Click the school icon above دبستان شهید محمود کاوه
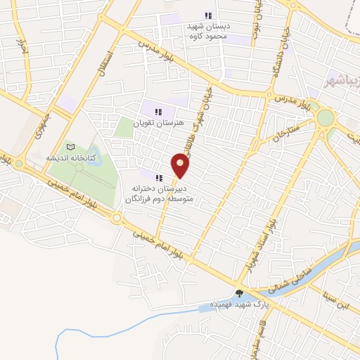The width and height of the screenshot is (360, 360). [x=207, y=15]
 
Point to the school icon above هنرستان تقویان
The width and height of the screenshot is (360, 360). [x=158, y=111]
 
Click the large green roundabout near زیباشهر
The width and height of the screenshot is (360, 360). [x=326, y=117]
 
